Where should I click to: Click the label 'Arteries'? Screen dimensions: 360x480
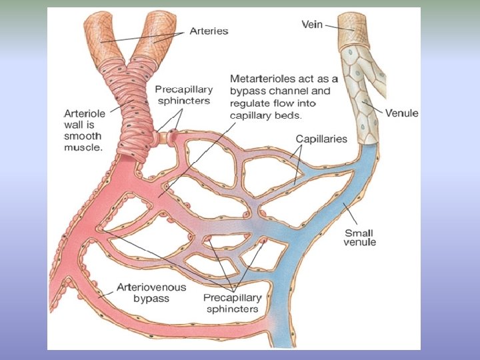point(209,31)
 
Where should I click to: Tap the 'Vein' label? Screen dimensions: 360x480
point(312,25)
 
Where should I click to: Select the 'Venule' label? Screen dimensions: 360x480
point(401,113)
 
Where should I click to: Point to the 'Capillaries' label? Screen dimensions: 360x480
point(322,139)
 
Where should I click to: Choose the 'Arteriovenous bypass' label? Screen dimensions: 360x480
point(146,293)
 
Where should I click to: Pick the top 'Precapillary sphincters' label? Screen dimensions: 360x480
point(183,95)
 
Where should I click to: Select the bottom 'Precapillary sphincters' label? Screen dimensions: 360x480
point(231,303)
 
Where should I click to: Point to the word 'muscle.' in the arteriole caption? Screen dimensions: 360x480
point(83,147)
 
